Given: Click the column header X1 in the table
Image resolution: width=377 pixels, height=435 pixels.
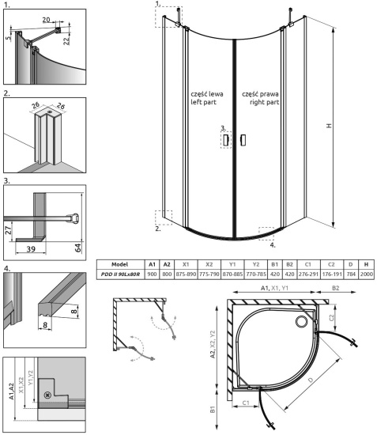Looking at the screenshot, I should point(184,263).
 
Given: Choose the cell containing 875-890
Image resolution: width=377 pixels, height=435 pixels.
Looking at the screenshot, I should point(184,274).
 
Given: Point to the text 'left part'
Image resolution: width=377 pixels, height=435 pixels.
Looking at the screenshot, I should point(202,102).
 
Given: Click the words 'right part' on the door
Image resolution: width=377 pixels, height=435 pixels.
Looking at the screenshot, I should point(258,102).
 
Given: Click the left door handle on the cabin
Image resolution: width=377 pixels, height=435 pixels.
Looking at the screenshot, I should point(225,140).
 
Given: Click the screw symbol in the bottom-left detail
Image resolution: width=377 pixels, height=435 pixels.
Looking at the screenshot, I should point(51,395).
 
